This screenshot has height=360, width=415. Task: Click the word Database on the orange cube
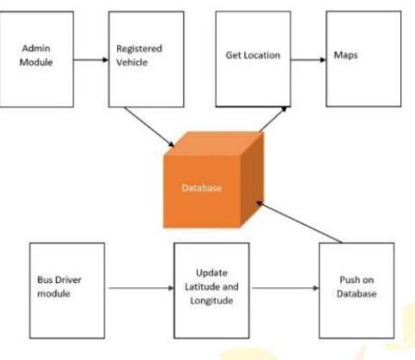pos(201,189)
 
